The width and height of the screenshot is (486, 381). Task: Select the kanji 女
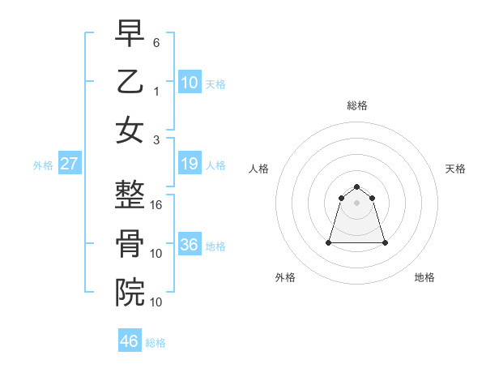(x=130, y=131)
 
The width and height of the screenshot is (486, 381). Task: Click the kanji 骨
(x=130, y=244)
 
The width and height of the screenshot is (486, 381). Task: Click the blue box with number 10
(x=189, y=83)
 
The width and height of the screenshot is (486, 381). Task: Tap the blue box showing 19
(x=189, y=165)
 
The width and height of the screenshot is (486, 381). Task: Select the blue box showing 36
(x=189, y=245)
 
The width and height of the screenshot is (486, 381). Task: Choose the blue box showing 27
(x=69, y=165)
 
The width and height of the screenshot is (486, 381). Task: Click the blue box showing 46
(x=130, y=341)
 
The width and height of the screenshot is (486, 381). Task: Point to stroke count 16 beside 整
(x=157, y=205)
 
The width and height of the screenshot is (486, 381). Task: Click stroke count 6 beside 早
(x=156, y=41)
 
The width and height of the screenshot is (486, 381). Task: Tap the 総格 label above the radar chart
(x=356, y=105)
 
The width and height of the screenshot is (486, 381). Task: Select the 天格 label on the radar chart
(x=456, y=169)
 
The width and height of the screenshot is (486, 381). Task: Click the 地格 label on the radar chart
(x=424, y=277)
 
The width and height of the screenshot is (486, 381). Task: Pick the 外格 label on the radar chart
(x=285, y=277)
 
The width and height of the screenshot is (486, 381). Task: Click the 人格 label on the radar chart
(x=259, y=169)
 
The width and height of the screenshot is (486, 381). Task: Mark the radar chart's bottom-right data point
(x=384, y=242)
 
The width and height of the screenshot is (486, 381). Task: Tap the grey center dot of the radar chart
(x=356, y=203)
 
